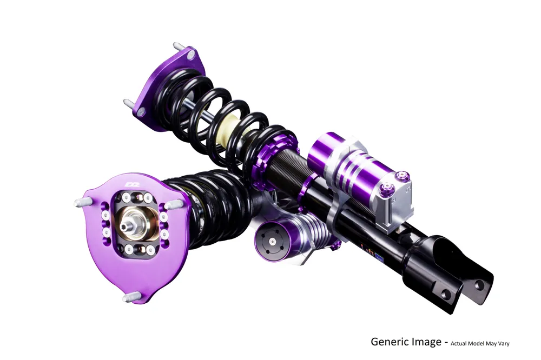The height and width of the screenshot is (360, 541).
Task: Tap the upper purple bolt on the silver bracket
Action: point(404,175)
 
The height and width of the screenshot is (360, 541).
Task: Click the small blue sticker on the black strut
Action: point(380,258)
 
